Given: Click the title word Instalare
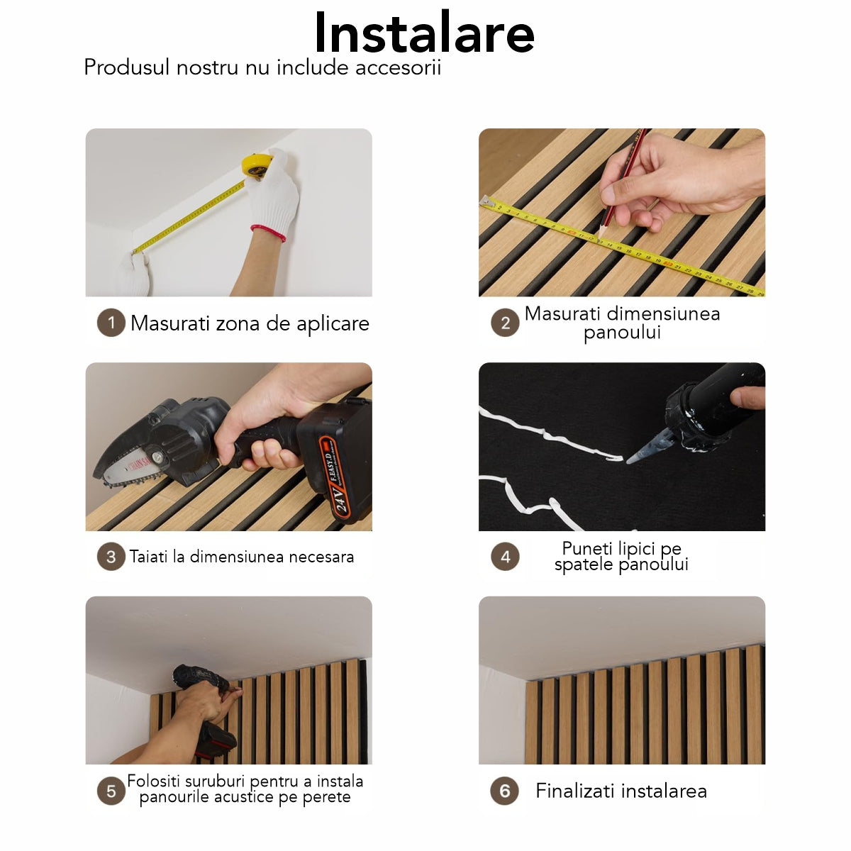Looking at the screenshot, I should (424, 33).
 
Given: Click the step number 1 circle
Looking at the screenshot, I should (111, 323).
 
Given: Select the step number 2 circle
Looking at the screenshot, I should (505, 323).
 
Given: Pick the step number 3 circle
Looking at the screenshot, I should (111, 557).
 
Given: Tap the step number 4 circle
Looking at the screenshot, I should (505, 557).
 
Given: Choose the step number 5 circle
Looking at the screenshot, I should (111, 791).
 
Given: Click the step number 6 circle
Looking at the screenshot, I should (504, 791).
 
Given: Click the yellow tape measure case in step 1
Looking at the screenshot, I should (255, 165).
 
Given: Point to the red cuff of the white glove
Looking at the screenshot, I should (269, 233).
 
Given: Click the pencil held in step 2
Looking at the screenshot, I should (621, 182).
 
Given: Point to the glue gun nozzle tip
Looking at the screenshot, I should (630, 459).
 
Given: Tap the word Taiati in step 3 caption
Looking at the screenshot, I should (148, 557).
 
